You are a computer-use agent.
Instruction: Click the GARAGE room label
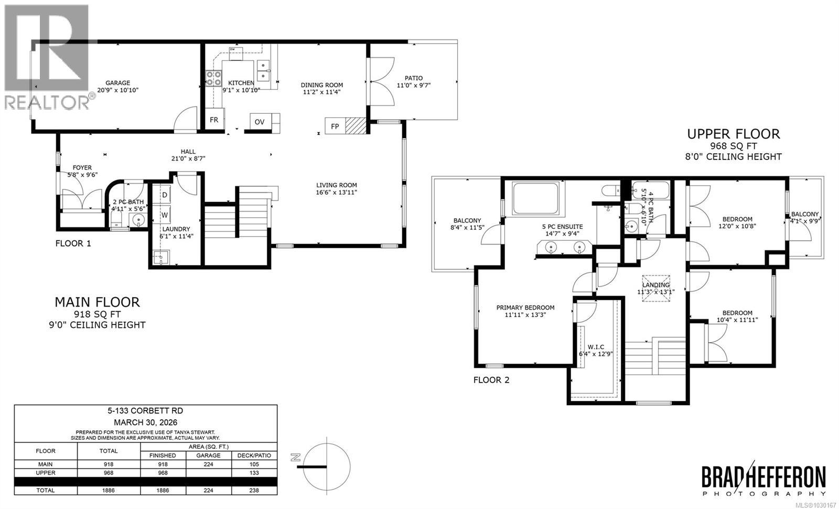click(x=117, y=83)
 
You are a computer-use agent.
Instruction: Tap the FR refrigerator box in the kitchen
click(x=214, y=120)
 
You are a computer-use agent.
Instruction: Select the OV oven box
click(x=260, y=122)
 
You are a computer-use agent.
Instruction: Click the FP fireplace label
click(x=335, y=126)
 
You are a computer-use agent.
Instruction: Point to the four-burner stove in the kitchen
click(x=213, y=78)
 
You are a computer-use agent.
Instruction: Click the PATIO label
click(x=413, y=78)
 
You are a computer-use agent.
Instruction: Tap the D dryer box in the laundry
click(x=165, y=195)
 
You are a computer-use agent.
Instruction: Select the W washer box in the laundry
click(x=165, y=215)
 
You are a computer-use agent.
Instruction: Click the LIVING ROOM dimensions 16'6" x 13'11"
click(x=336, y=193)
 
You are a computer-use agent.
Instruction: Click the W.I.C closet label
click(x=596, y=347)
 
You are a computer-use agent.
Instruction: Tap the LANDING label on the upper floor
click(x=655, y=285)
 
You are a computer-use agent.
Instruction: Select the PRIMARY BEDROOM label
click(x=525, y=307)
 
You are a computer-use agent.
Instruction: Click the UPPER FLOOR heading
click(x=733, y=134)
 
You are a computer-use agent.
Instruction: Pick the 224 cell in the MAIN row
click(x=208, y=464)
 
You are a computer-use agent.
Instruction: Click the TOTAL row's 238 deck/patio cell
click(x=254, y=490)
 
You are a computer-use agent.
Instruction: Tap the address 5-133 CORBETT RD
click(x=145, y=411)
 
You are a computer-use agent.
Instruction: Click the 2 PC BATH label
click(x=128, y=202)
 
